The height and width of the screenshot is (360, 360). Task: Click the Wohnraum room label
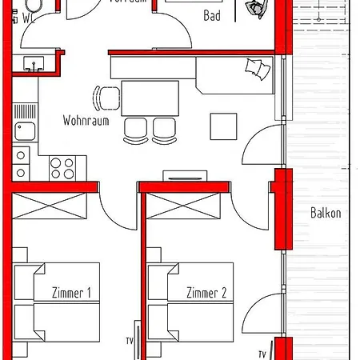(x=85, y=122)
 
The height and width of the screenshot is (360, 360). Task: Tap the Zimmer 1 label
(x=70, y=293)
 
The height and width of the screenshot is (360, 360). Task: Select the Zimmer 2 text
(x=206, y=293)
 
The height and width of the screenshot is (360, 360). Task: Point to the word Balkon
(x=326, y=213)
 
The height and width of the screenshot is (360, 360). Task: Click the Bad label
(x=212, y=15)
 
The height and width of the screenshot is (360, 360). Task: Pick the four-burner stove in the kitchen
(x=62, y=167)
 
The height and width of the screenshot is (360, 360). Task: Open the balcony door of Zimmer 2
(x=264, y=316)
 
